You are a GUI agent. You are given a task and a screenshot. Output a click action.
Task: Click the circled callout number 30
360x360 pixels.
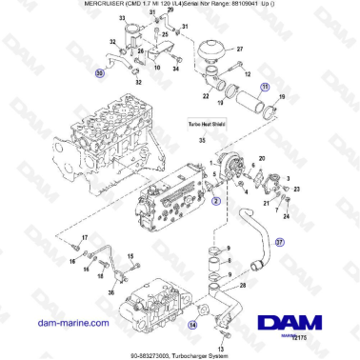coord(101,72)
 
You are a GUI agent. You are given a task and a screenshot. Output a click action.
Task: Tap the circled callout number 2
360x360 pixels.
coord(216,202)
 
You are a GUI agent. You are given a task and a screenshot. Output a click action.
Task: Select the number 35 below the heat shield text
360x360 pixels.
coord(201,140)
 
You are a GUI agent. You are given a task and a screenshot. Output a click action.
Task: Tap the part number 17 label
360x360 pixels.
coord(84,238)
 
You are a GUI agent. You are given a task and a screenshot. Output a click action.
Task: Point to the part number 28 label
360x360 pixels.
coord(243,284)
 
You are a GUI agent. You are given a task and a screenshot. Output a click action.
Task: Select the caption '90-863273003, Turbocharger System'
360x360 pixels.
coord(180,355)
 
